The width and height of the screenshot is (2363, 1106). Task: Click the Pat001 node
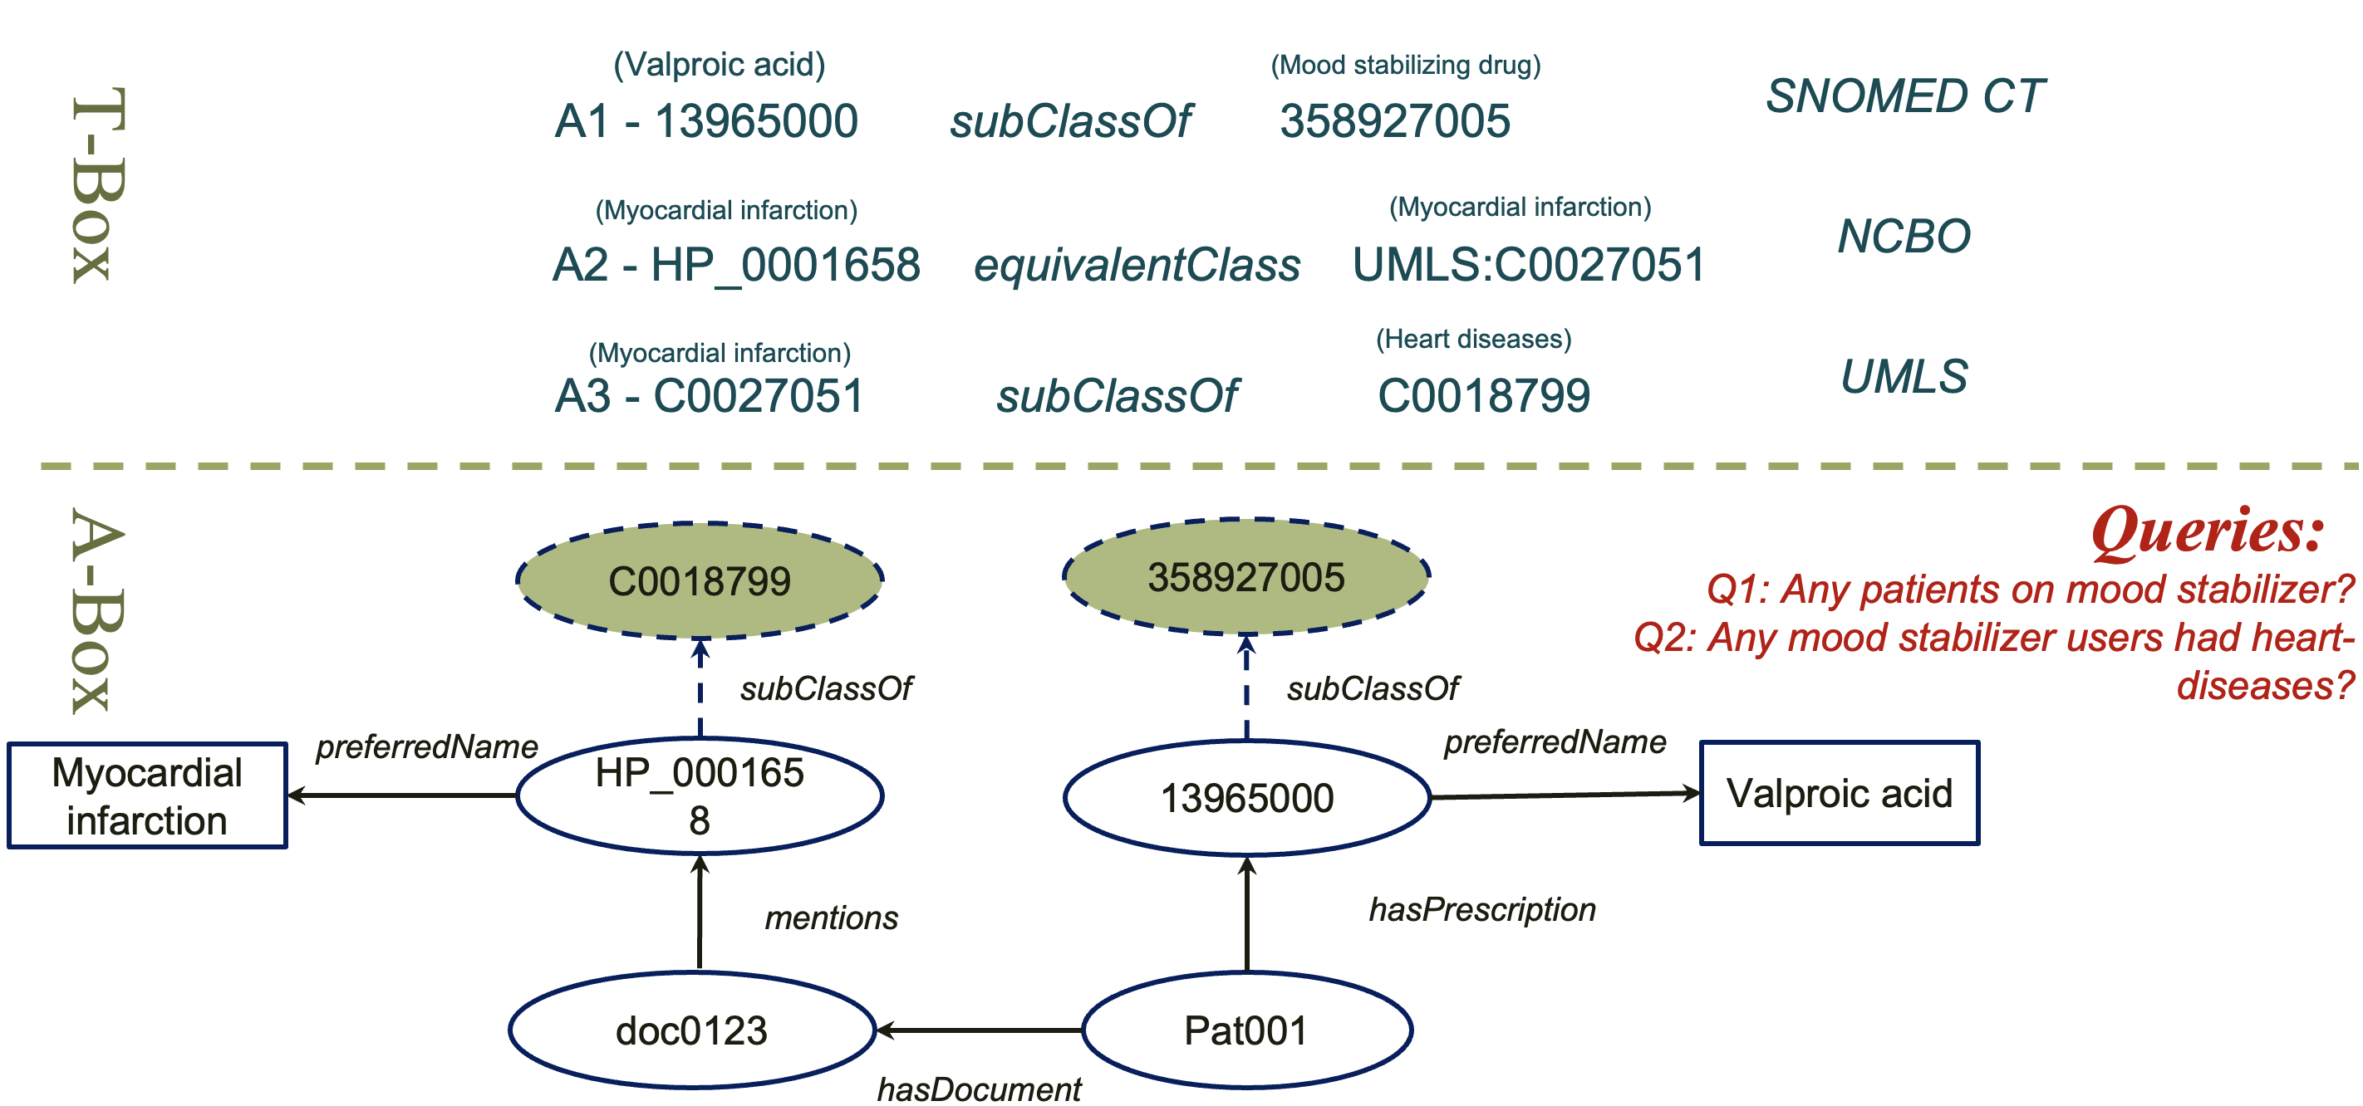[1245, 1030]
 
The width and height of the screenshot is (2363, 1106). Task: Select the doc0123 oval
[691, 1030]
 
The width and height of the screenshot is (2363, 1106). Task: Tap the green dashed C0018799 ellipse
[699, 580]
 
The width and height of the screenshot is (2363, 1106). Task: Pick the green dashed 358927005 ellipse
[1245, 577]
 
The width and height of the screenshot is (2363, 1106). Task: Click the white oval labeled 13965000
[1245, 797]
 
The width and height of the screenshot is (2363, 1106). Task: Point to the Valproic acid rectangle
[1840, 793]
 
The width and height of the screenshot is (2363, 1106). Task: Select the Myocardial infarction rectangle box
[147, 796]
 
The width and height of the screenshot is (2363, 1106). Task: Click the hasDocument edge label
[979, 1089]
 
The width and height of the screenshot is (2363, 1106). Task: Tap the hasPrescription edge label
[1481, 909]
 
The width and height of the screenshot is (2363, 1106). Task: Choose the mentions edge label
[831, 917]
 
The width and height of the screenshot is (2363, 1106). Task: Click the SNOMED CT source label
[1905, 96]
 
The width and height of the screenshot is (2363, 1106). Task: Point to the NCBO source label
[1904, 236]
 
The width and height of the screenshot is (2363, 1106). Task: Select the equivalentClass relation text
[1137, 265]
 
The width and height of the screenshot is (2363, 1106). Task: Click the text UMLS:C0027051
[1528, 265]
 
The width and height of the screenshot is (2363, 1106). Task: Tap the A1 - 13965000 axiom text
[706, 121]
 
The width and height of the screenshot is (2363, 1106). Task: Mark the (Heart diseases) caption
[1473, 339]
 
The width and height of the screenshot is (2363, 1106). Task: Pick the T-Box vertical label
[96, 184]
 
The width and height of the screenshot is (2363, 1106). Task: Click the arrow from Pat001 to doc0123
[979, 1030]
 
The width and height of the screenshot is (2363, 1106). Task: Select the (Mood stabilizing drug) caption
[1405, 65]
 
